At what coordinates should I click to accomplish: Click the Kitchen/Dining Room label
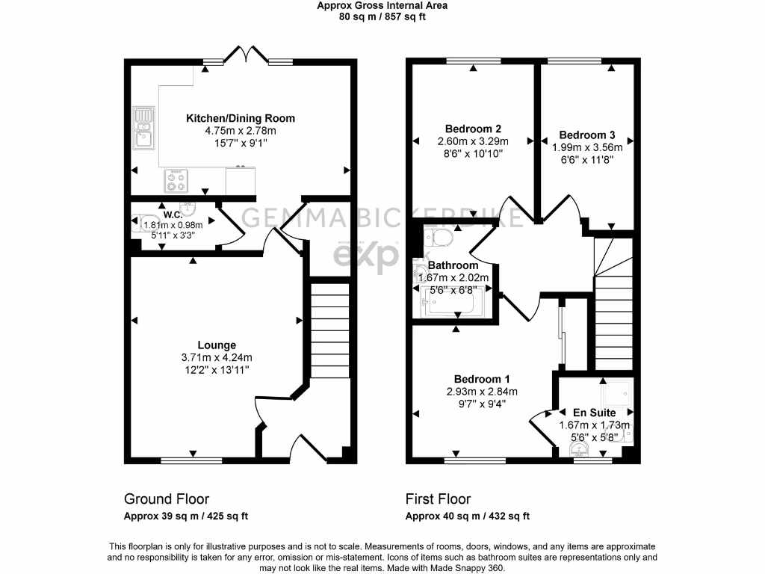240,118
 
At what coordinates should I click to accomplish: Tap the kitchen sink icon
142,127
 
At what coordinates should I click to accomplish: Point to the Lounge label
217,345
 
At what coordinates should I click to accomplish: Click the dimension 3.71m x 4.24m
217,357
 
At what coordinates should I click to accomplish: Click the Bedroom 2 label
472,128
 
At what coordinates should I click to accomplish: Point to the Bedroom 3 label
587,135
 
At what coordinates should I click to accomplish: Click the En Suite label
594,413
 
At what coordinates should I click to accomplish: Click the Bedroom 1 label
472,378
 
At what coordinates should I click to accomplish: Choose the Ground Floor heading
166,499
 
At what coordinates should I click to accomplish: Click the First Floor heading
438,499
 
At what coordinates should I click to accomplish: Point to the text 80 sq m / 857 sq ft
382,17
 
